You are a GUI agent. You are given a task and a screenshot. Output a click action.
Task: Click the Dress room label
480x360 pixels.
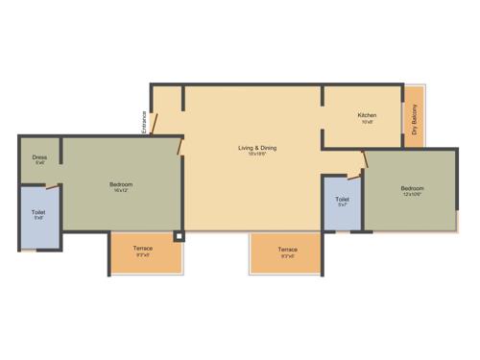39,156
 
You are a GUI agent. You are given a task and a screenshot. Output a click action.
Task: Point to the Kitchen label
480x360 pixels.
367,115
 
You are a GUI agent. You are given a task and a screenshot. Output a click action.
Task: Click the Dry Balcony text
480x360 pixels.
415,126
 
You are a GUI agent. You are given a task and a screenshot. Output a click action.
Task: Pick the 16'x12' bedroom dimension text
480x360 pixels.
120,190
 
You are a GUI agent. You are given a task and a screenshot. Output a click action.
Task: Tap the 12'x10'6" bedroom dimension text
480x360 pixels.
411,194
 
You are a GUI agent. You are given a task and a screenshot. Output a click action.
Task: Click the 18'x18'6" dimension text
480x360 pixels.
256,154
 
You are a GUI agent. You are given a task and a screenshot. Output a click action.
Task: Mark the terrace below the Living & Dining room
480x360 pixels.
287,252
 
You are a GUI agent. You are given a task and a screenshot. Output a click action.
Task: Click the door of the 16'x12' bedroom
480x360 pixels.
180,144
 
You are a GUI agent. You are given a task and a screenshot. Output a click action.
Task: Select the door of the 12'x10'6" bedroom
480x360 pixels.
361,173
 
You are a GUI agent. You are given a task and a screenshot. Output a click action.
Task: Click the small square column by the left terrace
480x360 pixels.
179,235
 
